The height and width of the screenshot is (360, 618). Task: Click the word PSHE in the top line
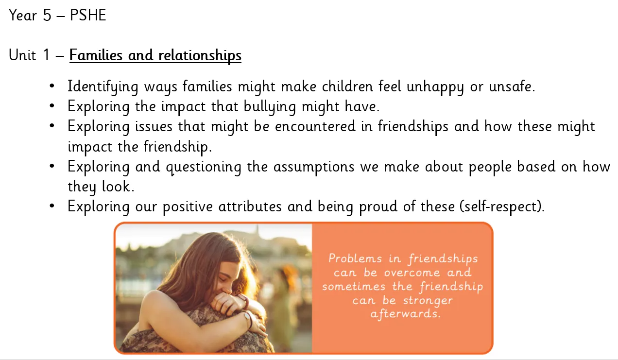88,15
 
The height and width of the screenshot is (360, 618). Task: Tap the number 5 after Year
47,15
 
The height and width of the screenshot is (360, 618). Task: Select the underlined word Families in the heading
96,55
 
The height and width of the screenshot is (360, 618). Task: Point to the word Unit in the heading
22,55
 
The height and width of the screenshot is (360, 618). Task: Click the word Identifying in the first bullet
103,87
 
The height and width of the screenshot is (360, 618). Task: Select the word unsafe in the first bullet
512,86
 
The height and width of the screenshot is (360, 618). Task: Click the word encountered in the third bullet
315,127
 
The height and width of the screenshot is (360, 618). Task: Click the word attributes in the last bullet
250,206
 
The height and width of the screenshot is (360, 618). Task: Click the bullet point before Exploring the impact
52,106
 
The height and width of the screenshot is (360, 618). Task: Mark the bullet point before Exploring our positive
52,206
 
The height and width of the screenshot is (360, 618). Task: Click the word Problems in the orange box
355,259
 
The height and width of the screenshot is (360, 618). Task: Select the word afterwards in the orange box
405,314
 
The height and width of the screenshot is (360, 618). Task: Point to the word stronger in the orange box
428,301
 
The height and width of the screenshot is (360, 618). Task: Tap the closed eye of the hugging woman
223,278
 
